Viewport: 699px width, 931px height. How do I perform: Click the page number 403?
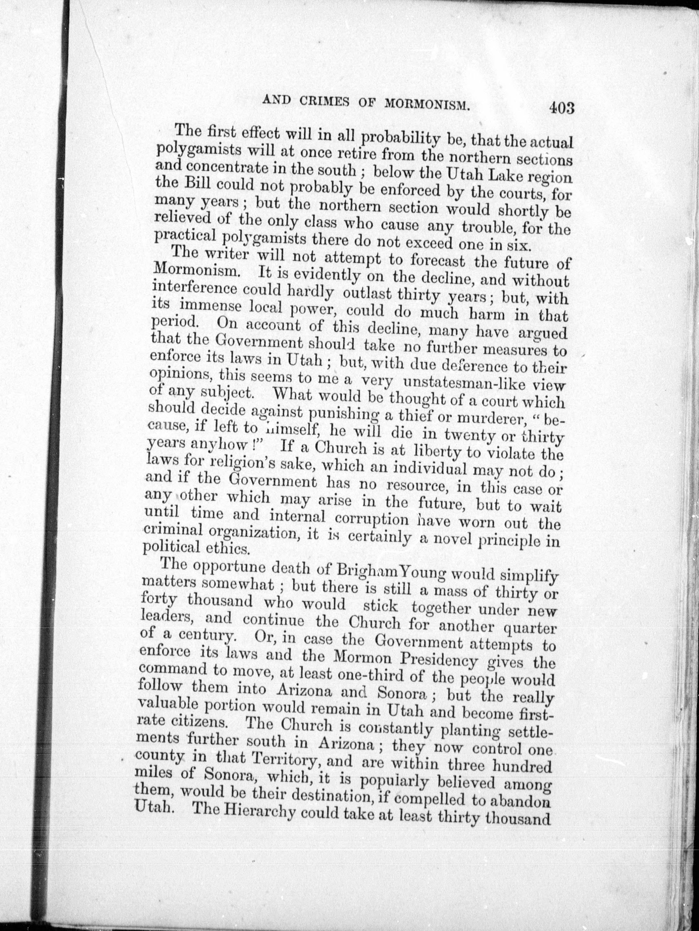(561, 108)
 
